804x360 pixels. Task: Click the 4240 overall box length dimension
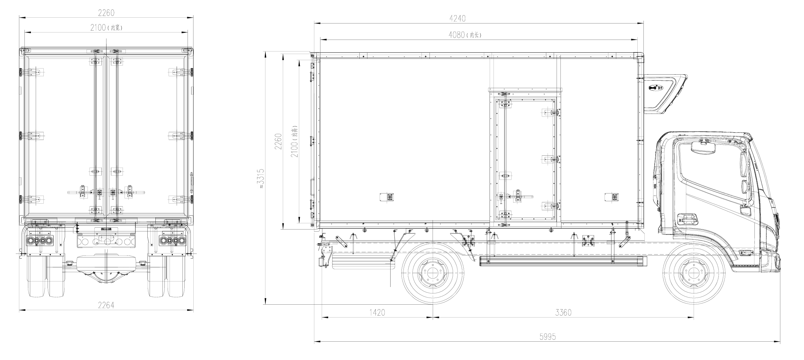coord(457,19)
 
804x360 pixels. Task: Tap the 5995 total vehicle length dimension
coord(547,337)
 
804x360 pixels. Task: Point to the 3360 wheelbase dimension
coord(563,312)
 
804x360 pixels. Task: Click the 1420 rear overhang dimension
coord(377,312)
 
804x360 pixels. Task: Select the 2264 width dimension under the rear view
coord(106,305)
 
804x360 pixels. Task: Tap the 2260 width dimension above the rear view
coord(106,13)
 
